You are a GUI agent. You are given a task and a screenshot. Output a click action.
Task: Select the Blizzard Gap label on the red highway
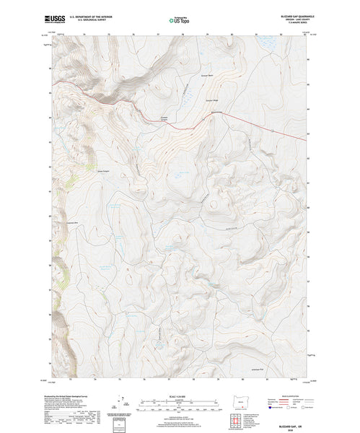[x=217, y=113]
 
